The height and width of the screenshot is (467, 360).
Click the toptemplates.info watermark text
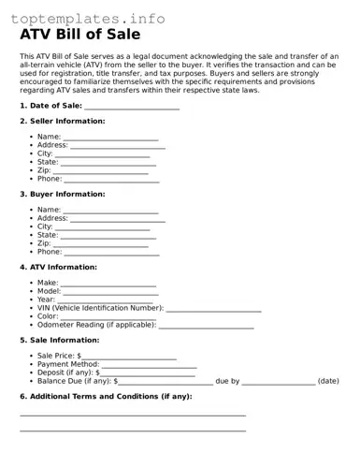point(88,18)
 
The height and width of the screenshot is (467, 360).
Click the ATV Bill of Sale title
point(80,35)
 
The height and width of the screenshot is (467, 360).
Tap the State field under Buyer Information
point(108,237)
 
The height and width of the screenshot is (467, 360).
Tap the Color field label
point(48,316)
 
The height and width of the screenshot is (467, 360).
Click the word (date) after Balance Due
point(328,382)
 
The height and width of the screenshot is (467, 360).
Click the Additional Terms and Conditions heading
point(106,397)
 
